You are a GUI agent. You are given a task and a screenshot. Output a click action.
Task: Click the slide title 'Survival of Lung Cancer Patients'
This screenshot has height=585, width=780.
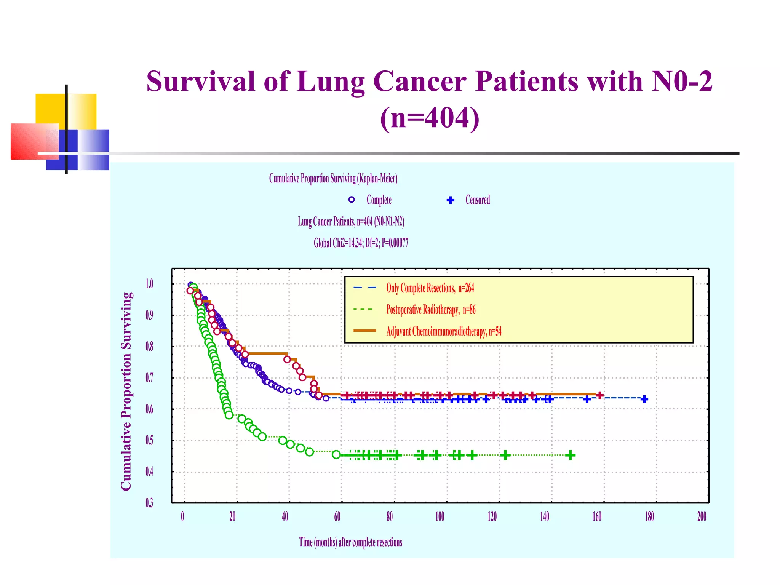coord(429,82)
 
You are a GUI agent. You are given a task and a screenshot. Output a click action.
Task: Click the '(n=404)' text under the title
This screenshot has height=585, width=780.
coord(430,118)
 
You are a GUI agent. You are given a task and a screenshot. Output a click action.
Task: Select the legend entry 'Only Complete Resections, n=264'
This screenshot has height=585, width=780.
coord(430,288)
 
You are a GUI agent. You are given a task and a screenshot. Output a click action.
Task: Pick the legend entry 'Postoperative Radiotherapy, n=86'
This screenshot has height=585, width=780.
coord(431,310)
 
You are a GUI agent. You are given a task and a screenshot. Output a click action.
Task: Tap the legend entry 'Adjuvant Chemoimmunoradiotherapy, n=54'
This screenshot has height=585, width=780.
coord(444,331)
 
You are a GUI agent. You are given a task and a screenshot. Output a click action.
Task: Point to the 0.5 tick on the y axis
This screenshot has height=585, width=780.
coord(149,440)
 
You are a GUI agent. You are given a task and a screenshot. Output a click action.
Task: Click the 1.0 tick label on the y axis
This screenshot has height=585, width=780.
coord(149,284)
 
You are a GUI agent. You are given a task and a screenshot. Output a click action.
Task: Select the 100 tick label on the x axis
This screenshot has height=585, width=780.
coord(440,517)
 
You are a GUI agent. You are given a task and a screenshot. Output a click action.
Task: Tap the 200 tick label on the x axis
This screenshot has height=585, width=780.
coord(702,517)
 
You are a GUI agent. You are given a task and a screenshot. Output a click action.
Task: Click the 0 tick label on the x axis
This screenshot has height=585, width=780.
coord(182,517)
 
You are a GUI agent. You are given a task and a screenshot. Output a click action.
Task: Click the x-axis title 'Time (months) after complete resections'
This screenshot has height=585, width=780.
coord(350,542)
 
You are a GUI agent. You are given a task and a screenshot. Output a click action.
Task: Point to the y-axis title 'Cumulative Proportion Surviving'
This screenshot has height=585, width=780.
coord(126,391)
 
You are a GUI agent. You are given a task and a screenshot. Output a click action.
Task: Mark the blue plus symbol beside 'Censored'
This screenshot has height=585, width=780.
coord(451,200)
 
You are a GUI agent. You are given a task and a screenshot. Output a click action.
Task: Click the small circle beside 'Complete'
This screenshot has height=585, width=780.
coord(352,200)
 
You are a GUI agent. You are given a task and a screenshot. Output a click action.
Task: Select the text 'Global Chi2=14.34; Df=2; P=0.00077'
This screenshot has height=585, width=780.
coord(361,243)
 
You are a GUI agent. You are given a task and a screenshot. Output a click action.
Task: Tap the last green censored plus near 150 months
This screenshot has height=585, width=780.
coord(570,455)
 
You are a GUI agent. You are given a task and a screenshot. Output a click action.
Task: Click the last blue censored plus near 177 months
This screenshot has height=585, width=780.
coord(644,399)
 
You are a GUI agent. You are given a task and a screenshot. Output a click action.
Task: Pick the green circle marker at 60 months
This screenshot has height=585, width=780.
coord(336,454)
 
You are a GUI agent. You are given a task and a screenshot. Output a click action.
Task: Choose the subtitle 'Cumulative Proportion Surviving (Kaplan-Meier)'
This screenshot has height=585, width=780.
coord(333,178)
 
